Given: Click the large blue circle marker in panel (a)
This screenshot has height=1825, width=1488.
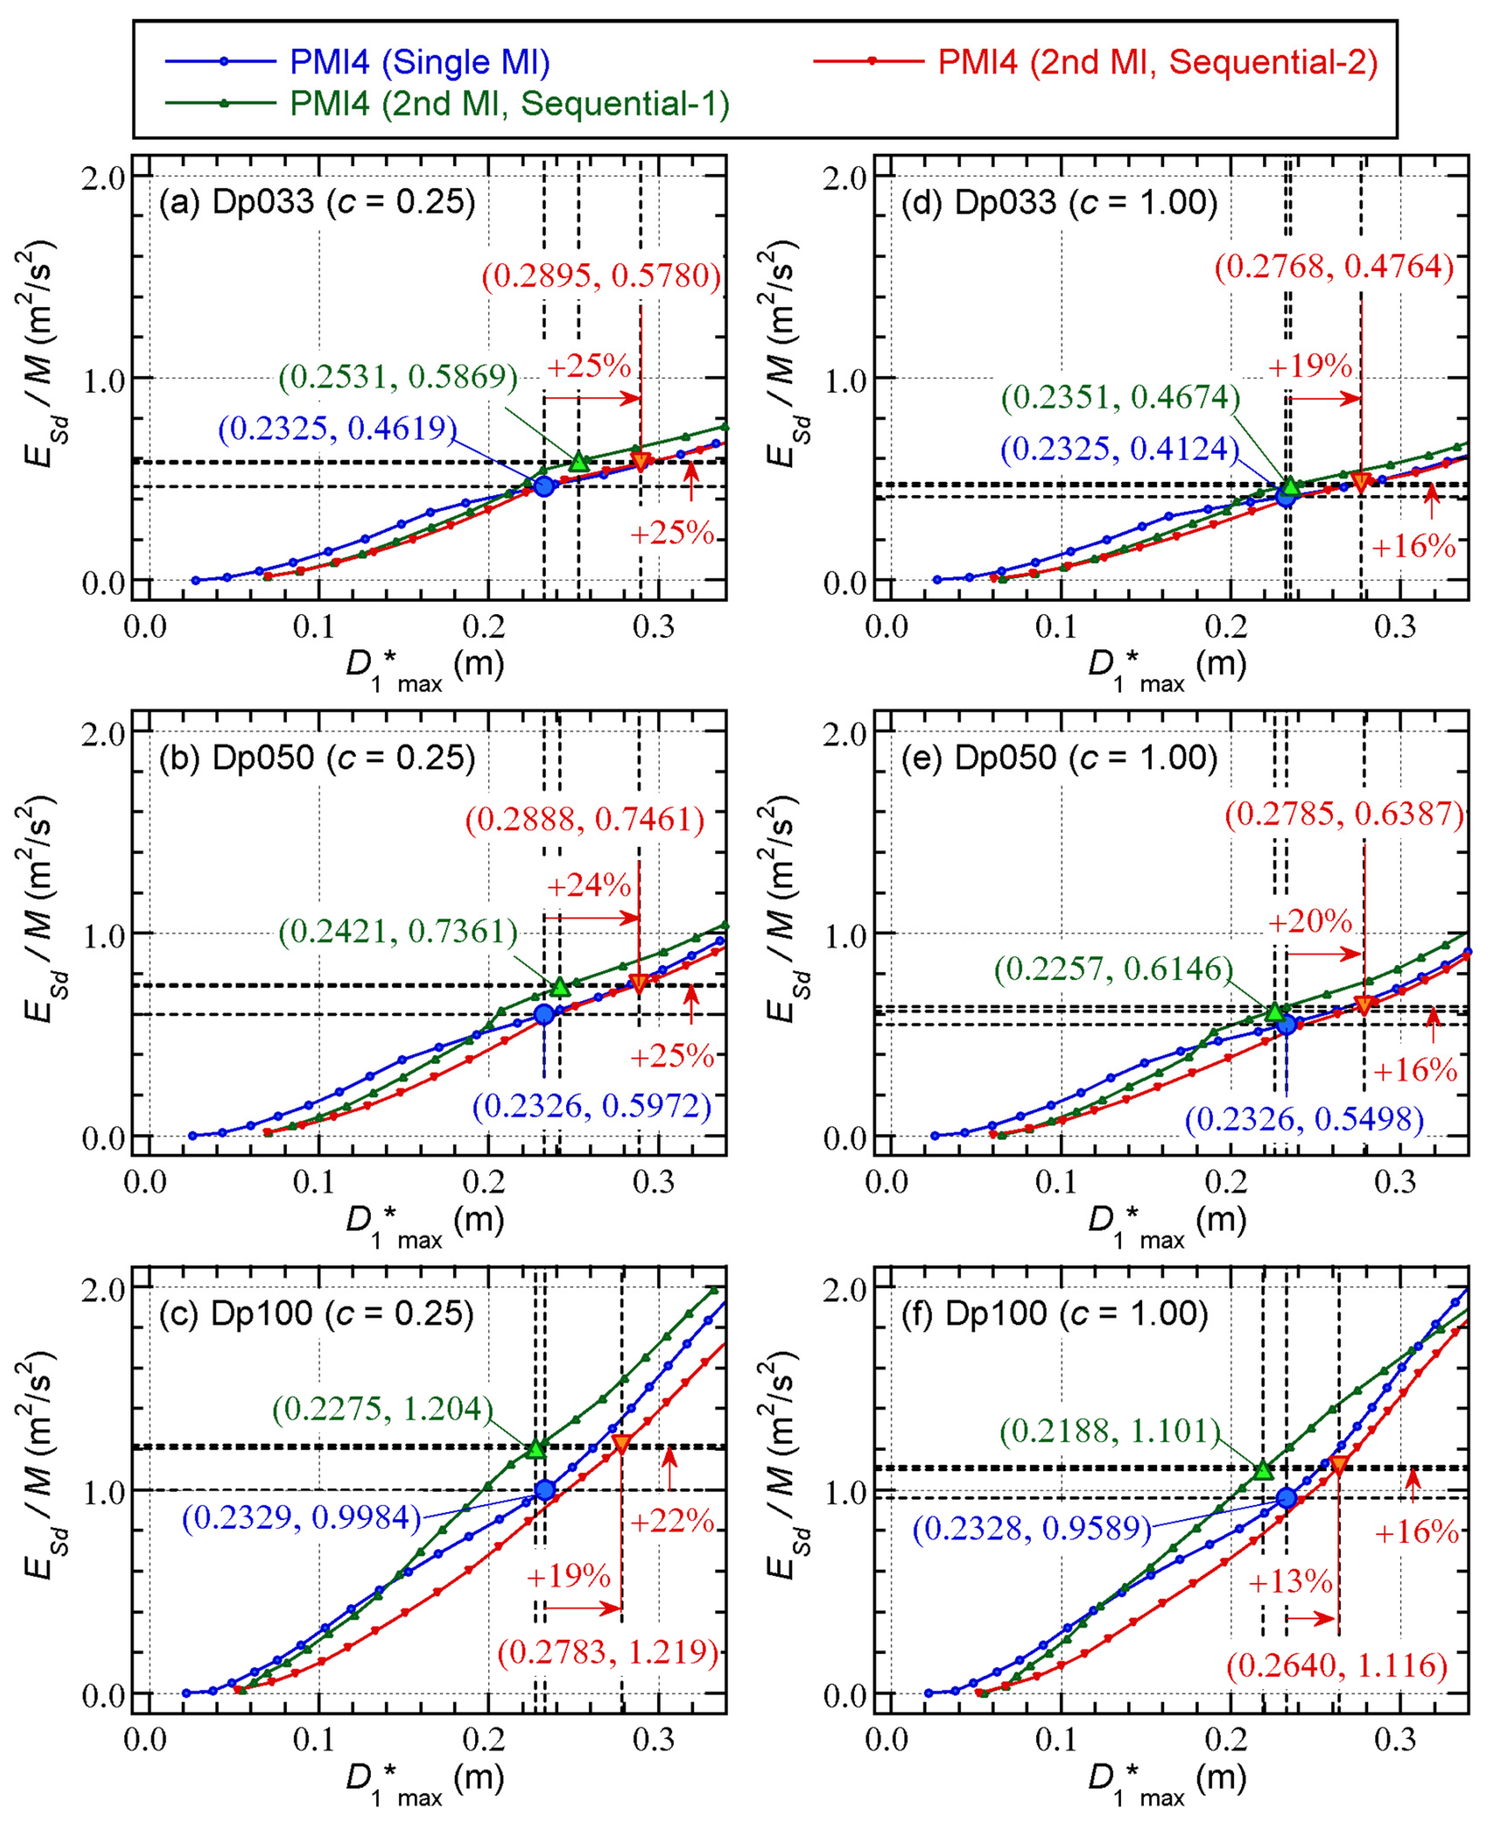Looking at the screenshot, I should (x=544, y=486).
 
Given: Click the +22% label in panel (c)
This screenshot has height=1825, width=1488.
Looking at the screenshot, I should (x=672, y=1521).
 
